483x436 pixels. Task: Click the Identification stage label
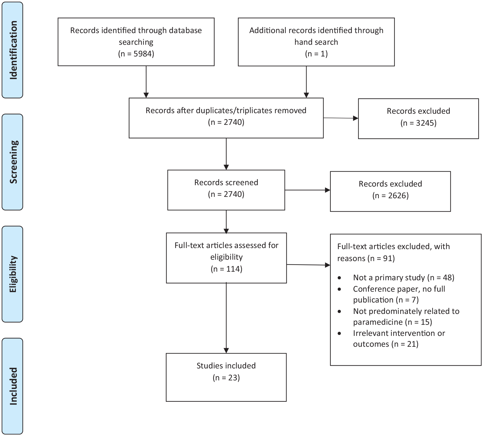pyautogui.click(x=13, y=50)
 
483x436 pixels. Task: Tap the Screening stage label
pyautogui.click(x=13, y=162)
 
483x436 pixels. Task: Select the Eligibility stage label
pyautogui.click(x=13, y=274)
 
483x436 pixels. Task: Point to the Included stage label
pyautogui.click(x=13, y=386)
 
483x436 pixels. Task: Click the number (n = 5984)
pyautogui.click(x=136, y=54)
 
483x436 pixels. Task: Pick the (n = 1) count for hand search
pyautogui.click(x=316, y=54)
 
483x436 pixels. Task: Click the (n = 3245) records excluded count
pyautogui.click(x=418, y=123)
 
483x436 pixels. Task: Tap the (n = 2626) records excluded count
pyautogui.click(x=390, y=196)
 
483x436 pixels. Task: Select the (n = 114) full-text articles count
pyautogui.click(x=226, y=269)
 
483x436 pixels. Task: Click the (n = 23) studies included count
pyautogui.click(x=226, y=378)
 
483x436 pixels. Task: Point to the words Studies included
pyautogui.click(x=226, y=366)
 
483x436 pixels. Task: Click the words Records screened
pyautogui.click(x=226, y=182)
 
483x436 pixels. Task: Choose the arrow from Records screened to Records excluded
pyautogui.click(x=307, y=190)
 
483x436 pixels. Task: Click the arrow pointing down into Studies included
pyautogui.click(x=226, y=318)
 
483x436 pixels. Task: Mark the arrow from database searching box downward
pyautogui.click(x=146, y=82)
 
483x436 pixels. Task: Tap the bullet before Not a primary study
pyautogui.click(x=339, y=278)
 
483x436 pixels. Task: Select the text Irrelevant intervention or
pyautogui.click(x=399, y=333)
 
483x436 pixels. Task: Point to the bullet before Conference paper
pyautogui.click(x=339, y=289)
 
